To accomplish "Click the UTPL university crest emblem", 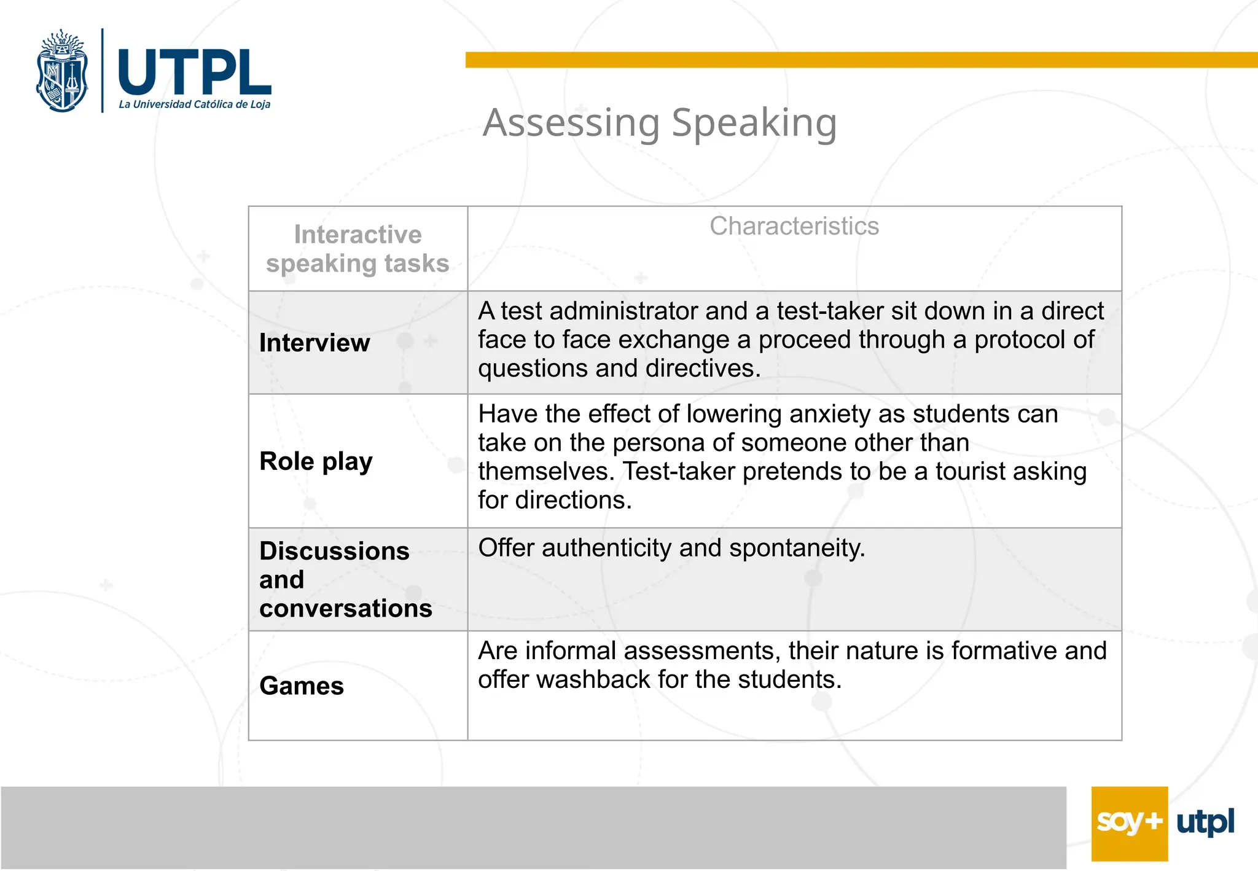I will click(x=62, y=71).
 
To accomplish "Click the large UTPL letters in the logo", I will click(x=193, y=72).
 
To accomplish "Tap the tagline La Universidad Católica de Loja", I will click(x=194, y=104).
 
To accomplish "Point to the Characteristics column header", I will click(x=794, y=226).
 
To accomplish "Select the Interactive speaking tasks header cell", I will click(x=357, y=249).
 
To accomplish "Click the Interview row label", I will click(x=314, y=343).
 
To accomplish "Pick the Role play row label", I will click(x=316, y=461).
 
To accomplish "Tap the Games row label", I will click(x=301, y=685).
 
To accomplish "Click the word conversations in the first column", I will click(x=346, y=608).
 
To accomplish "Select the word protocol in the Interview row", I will click(x=1019, y=340).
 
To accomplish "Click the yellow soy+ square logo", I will click(x=1129, y=823).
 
